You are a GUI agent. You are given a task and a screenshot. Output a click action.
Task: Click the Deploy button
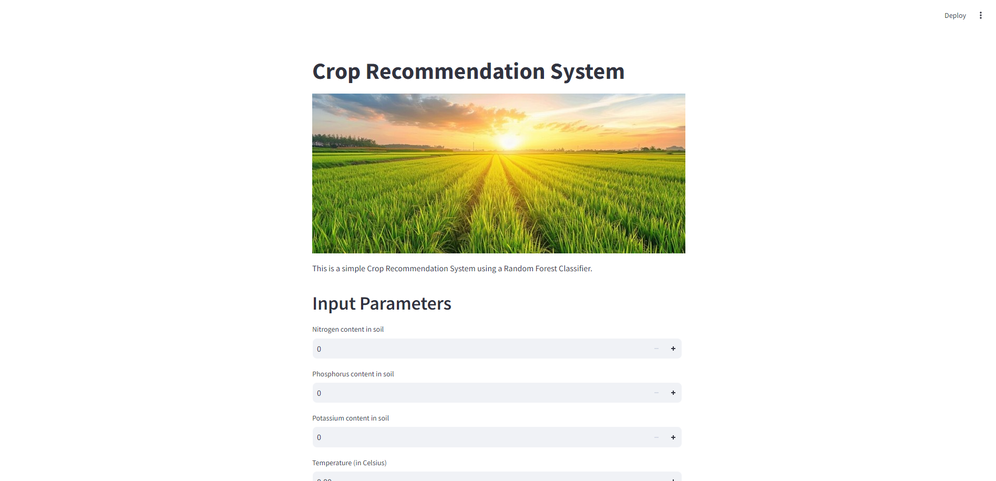coord(955,16)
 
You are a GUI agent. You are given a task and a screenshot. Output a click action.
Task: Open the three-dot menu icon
coord(981,15)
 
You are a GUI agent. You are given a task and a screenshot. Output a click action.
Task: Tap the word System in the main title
coord(587,71)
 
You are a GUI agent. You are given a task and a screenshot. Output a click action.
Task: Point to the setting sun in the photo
coord(509,141)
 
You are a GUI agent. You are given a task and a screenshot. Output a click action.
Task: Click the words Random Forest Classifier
coord(548,269)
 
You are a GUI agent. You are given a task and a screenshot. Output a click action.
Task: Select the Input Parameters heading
coord(382,304)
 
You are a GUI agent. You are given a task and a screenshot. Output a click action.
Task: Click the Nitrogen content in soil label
coord(348,330)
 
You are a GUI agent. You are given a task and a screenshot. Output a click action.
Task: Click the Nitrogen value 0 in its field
coord(319,349)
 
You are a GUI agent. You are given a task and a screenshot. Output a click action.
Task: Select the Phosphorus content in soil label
coord(353,374)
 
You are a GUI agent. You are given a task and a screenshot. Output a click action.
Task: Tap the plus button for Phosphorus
coord(673,393)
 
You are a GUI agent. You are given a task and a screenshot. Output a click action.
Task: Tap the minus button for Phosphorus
coord(656,393)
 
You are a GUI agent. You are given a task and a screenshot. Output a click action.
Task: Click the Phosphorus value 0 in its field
coord(319,393)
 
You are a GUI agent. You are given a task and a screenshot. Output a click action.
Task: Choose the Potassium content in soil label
coord(351,418)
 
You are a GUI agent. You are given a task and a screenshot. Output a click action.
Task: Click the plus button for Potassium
coord(673,437)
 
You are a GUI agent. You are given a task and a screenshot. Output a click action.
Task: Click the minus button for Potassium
coord(656,437)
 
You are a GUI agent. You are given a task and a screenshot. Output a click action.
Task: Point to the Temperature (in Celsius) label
coord(350,463)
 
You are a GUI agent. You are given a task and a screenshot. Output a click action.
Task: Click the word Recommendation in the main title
coord(455,71)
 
